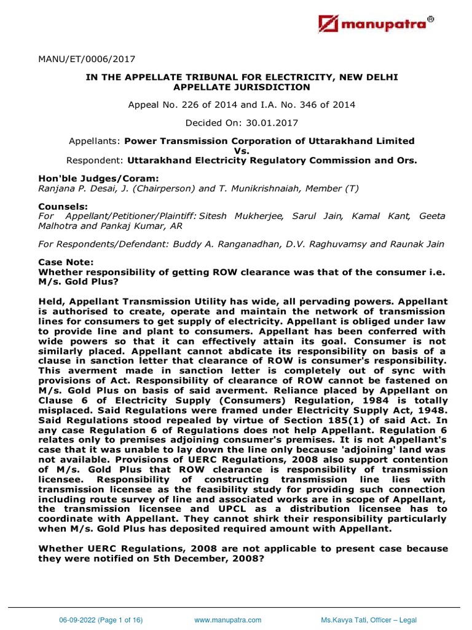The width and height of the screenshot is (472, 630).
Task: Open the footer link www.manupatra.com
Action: coord(228,620)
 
